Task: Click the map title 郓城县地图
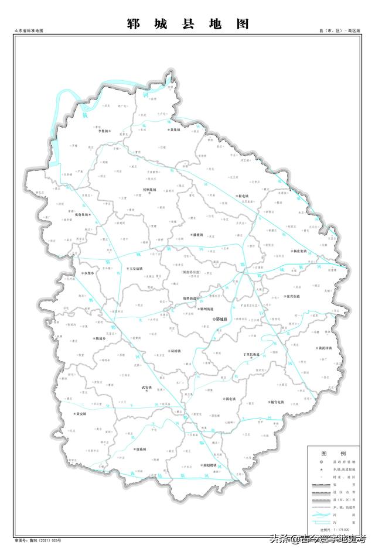click(187, 24)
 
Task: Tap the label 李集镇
click(104, 131)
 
